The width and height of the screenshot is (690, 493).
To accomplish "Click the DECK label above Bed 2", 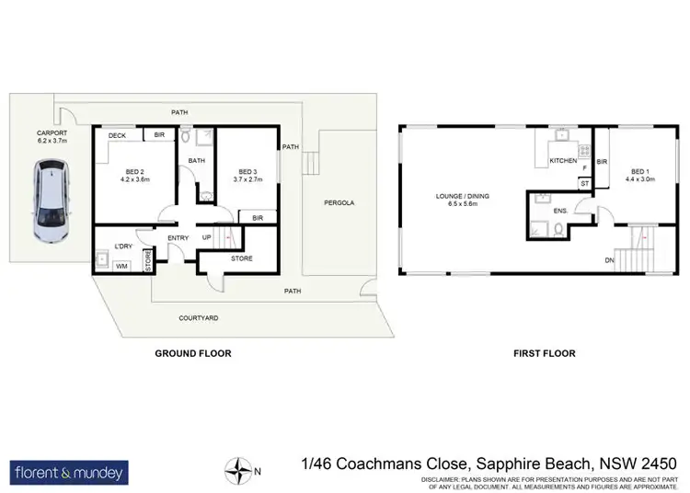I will tap(117, 136).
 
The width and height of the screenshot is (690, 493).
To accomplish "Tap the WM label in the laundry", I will tap(121, 266).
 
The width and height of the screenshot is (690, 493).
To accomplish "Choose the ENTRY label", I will tap(178, 239).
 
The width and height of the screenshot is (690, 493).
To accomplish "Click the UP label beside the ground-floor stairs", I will tap(207, 239).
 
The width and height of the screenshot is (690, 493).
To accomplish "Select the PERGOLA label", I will tap(339, 202).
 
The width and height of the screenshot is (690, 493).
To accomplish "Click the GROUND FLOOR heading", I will tap(193, 353).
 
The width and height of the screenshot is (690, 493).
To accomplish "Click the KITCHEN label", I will tap(563, 161).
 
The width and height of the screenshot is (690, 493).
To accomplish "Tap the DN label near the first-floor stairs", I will tap(609, 260).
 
